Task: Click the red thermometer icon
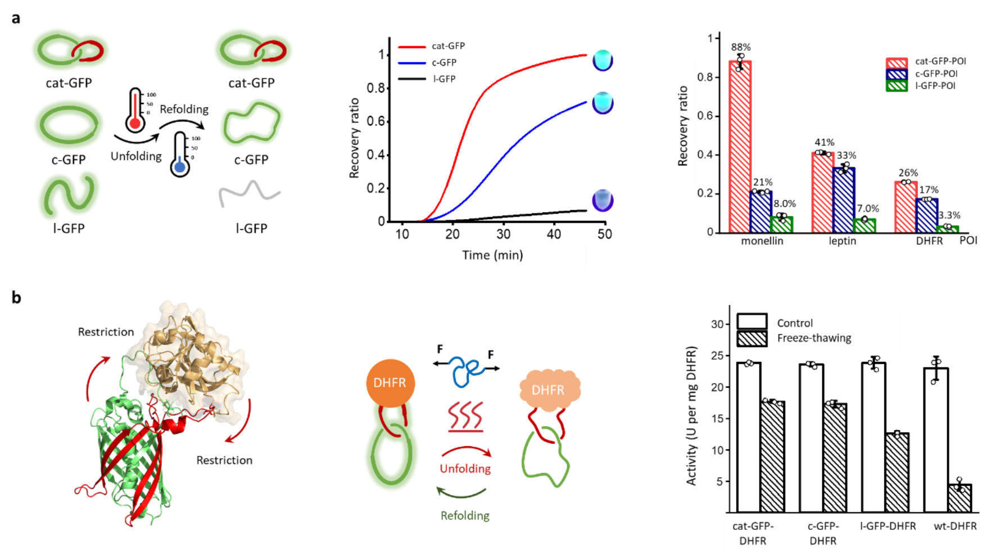(x=135, y=111)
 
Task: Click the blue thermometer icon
(x=180, y=155)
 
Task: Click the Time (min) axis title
(x=492, y=255)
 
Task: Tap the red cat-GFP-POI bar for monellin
(x=740, y=146)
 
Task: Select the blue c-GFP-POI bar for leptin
(x=844, y=199)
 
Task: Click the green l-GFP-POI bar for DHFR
(x=948, y=229)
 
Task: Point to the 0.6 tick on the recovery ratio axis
(x=705, y=116)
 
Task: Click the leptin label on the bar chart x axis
(x=843, y=241)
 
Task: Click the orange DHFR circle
(x=390, y=383)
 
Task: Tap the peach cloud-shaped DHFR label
(x=548, y=389)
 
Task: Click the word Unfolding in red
(x=465, y=469)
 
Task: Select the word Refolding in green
(x=465, y=515)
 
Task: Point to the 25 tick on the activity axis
(x=717, y=356)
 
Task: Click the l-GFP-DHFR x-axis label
(x=888, y=527)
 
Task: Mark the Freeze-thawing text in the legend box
(x=814, y=338)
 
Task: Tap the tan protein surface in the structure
(x=191, y=348)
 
